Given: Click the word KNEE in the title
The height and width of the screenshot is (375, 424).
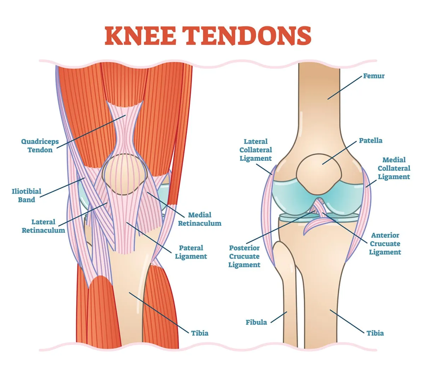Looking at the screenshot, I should point(140,35).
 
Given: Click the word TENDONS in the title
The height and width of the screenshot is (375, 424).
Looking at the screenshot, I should point(247,35).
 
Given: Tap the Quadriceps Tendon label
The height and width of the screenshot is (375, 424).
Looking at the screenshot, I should point(40,146).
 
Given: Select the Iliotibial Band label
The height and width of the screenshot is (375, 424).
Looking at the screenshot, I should point(26,195).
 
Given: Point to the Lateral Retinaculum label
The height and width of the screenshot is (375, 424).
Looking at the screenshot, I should point(43,226).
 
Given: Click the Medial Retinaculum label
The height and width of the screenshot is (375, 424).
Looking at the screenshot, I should point(200,219).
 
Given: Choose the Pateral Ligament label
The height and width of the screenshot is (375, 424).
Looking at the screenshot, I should point(191,252).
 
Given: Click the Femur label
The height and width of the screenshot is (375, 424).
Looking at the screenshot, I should point(374,76).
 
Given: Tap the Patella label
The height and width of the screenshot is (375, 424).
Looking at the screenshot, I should point(371,140).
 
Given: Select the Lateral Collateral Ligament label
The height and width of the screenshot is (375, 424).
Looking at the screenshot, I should point(256,150).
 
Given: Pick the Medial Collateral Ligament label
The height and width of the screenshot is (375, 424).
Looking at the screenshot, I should point(394,168).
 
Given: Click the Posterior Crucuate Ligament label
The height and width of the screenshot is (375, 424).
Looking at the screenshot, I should point(244,256).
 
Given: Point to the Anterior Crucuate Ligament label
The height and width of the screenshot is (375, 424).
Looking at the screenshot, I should point(385,244).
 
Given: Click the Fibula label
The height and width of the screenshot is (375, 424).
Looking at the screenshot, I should point(256,322).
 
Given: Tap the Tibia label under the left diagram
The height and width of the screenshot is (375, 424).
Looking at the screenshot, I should point(200,333).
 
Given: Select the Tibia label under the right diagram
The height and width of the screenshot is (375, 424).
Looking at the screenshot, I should point(375,333).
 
